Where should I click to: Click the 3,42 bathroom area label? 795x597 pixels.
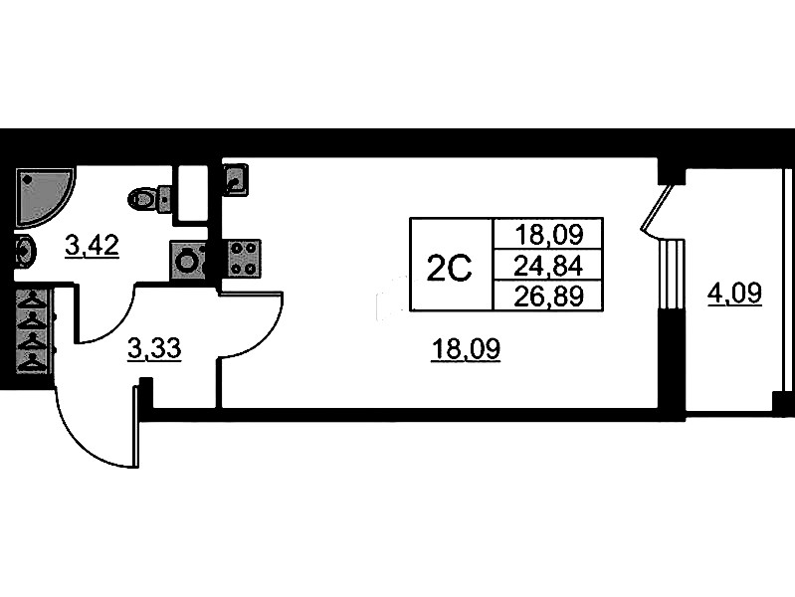click(x=92, y=245)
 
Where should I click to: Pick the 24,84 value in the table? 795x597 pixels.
click(x=547, y=266)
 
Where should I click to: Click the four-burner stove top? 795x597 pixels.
click(x=244, y=258)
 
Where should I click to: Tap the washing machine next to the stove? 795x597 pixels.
click(x=189, y=260)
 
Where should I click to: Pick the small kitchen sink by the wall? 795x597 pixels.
click(x=235, y=180)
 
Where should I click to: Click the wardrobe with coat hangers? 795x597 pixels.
click(x=33, y=332)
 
